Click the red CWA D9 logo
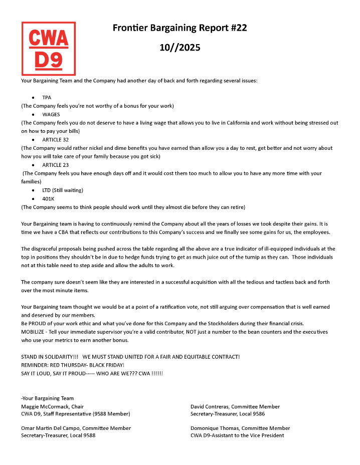pos(48,49)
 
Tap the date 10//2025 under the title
pos(179,48)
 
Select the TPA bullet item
pos(47,97)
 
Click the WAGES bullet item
pos(51,114)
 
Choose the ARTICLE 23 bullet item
pos(55,165)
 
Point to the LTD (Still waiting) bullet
pos(63,190)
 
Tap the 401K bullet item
pos(48,198)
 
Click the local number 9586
pos(257,414)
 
